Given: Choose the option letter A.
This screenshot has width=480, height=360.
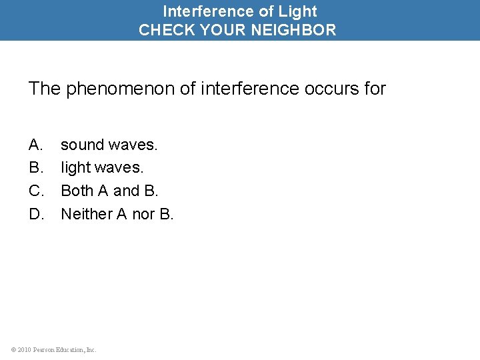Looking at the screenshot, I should click(36, 145).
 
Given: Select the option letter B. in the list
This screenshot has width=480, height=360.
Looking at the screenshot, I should click(36, 167).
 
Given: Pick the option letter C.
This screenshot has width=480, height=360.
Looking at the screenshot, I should click(37, 191).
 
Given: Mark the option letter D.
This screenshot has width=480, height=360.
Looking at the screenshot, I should click(37, 214).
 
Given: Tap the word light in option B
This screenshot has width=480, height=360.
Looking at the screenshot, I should click(73, 167).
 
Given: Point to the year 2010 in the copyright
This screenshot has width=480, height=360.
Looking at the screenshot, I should click(24, 349).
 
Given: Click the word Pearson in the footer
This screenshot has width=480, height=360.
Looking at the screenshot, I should click(45, 349).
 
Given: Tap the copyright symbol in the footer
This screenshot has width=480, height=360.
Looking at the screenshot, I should click(13, 349).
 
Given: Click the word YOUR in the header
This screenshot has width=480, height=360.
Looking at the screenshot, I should click(217, 30).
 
